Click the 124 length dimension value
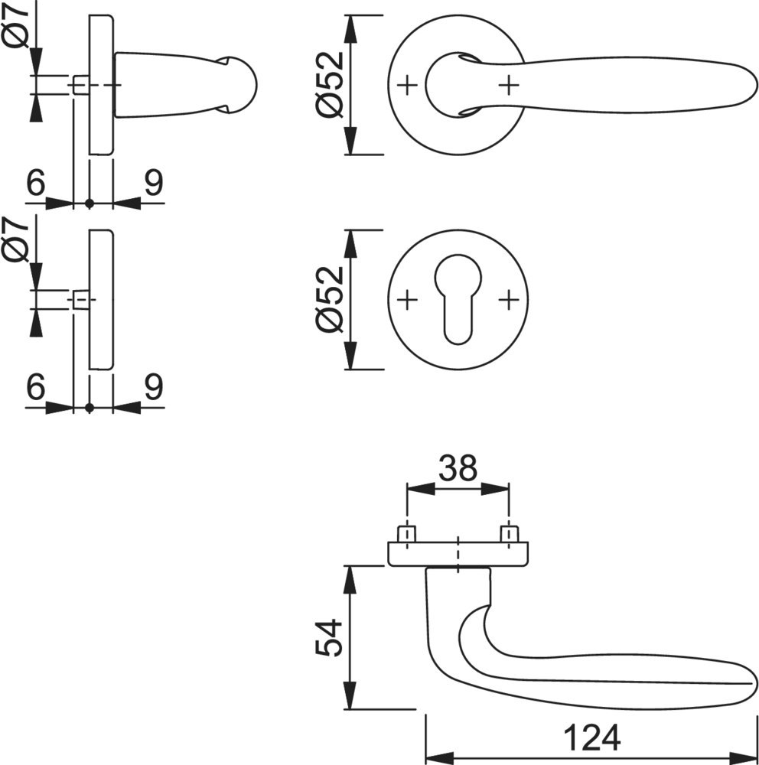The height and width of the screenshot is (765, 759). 591,737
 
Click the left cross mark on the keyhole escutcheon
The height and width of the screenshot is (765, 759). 408,300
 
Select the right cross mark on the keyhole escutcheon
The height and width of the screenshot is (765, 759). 508,300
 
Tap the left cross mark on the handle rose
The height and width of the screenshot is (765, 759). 408,84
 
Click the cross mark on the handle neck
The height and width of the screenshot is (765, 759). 508,84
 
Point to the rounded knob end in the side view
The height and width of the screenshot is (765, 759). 239,84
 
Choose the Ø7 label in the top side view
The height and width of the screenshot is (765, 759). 17,26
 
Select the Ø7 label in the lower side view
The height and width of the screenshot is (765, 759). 17,239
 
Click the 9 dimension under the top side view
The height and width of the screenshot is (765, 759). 153,184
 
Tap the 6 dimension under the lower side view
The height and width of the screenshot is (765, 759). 34,388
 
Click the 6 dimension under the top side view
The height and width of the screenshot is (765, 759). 34,184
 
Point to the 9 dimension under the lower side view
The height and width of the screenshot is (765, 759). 153,388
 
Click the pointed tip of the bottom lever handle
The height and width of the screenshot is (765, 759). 754,682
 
